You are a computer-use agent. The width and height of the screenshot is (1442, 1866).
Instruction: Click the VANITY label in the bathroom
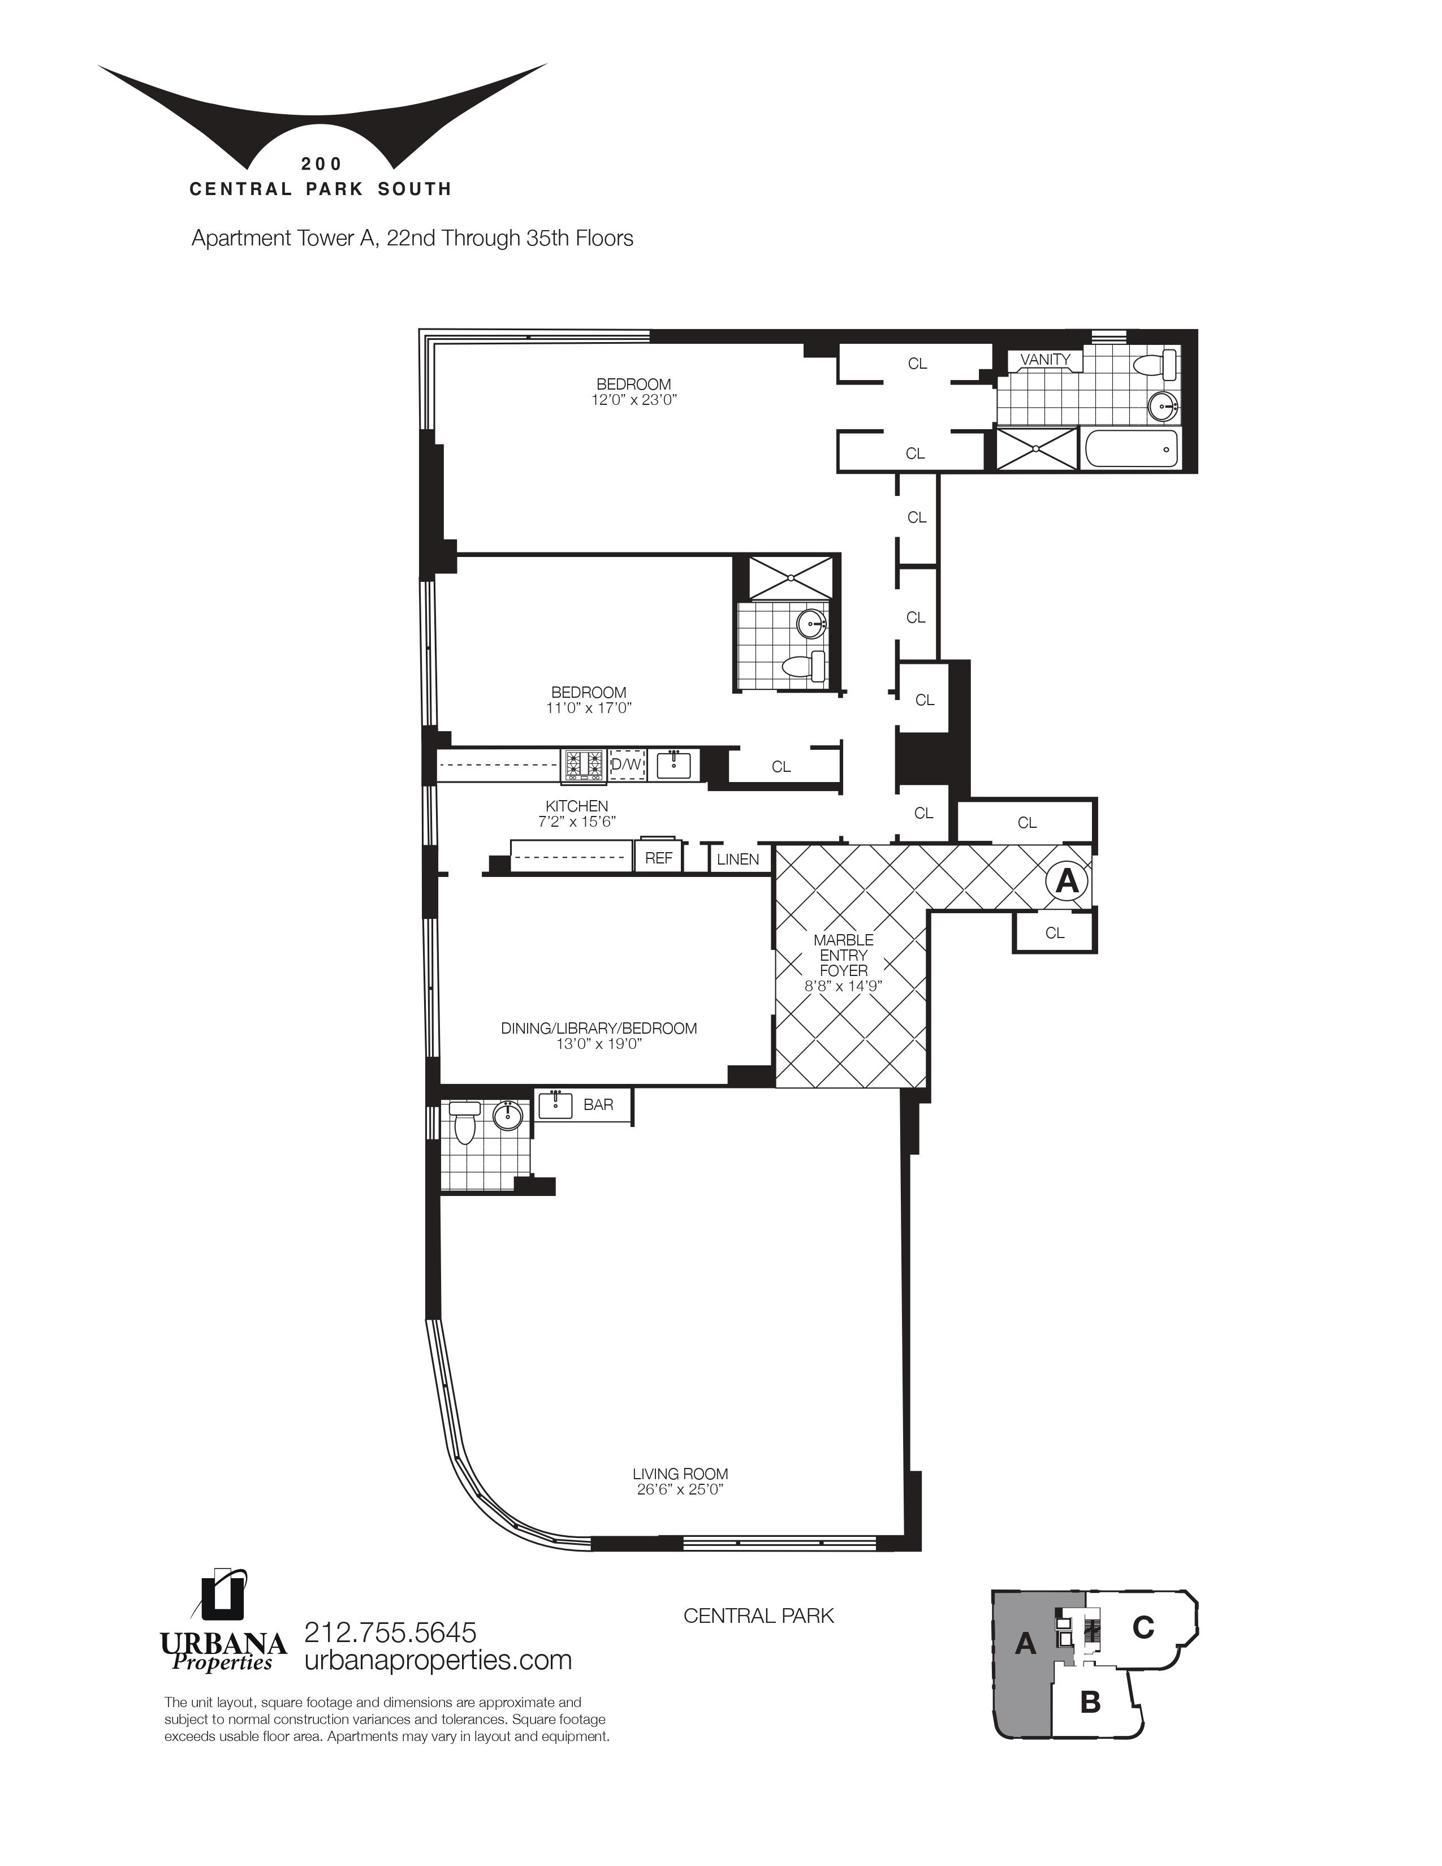pyautogui.click(x=1045, y=360)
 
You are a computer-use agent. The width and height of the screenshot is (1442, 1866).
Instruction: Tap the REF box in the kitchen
pyautogui.click(x=658, y=858)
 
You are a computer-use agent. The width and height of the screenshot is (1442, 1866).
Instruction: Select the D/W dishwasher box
pyautogui.click(x=626, y=764)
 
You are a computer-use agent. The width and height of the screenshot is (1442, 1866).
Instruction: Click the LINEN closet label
pyautogui.click(x=737, y=859)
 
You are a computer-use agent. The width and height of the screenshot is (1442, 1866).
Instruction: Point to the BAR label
pyautogui.click(x=598, y=1105)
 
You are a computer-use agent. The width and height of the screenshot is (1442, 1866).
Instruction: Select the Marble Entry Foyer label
pyautogui.click(x=843, y=955)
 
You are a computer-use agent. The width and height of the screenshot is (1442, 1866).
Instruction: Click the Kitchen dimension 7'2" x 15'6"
pyautogui.click(x=577, y=821)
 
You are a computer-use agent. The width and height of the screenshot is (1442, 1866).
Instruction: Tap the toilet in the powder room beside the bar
pyautogui.click(x=465, y=1122)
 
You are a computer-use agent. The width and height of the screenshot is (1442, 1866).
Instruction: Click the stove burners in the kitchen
pyautogui.click(x=582, y=764)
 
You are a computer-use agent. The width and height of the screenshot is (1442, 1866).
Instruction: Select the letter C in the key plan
pyautogui.click(x=1143, y=1627)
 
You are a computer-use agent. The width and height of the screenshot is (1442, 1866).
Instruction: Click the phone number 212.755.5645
pyautogui.click(x=390, y=1633)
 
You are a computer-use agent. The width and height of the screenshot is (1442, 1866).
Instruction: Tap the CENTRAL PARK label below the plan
pyautogui.click(x=758, y=1616)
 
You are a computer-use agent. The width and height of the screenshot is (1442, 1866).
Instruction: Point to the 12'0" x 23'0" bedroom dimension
pyautogui.click(x=633, y=399)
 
